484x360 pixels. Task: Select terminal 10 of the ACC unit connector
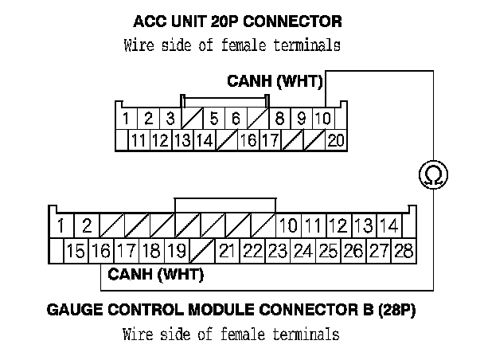tap(323, 119)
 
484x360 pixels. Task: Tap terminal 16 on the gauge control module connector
tap(101, 252)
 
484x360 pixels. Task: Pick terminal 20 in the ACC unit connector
tap(335, 141)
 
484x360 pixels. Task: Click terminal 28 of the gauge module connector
tap(404, 252)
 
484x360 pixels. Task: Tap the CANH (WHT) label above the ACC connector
tap(275, 81)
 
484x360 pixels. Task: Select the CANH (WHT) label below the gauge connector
tap(155, 276)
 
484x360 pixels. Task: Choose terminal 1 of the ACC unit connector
tap(126, 119)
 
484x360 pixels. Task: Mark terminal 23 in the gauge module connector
tap(278, 252)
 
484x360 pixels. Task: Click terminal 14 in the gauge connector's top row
tap(388, 226)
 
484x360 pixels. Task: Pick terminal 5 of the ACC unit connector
tap(214, 119)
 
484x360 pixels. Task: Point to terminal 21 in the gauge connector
tap(227, 252)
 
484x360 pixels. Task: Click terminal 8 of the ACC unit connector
tap(280, 119)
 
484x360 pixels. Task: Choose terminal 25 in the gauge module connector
tap(328, 252)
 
